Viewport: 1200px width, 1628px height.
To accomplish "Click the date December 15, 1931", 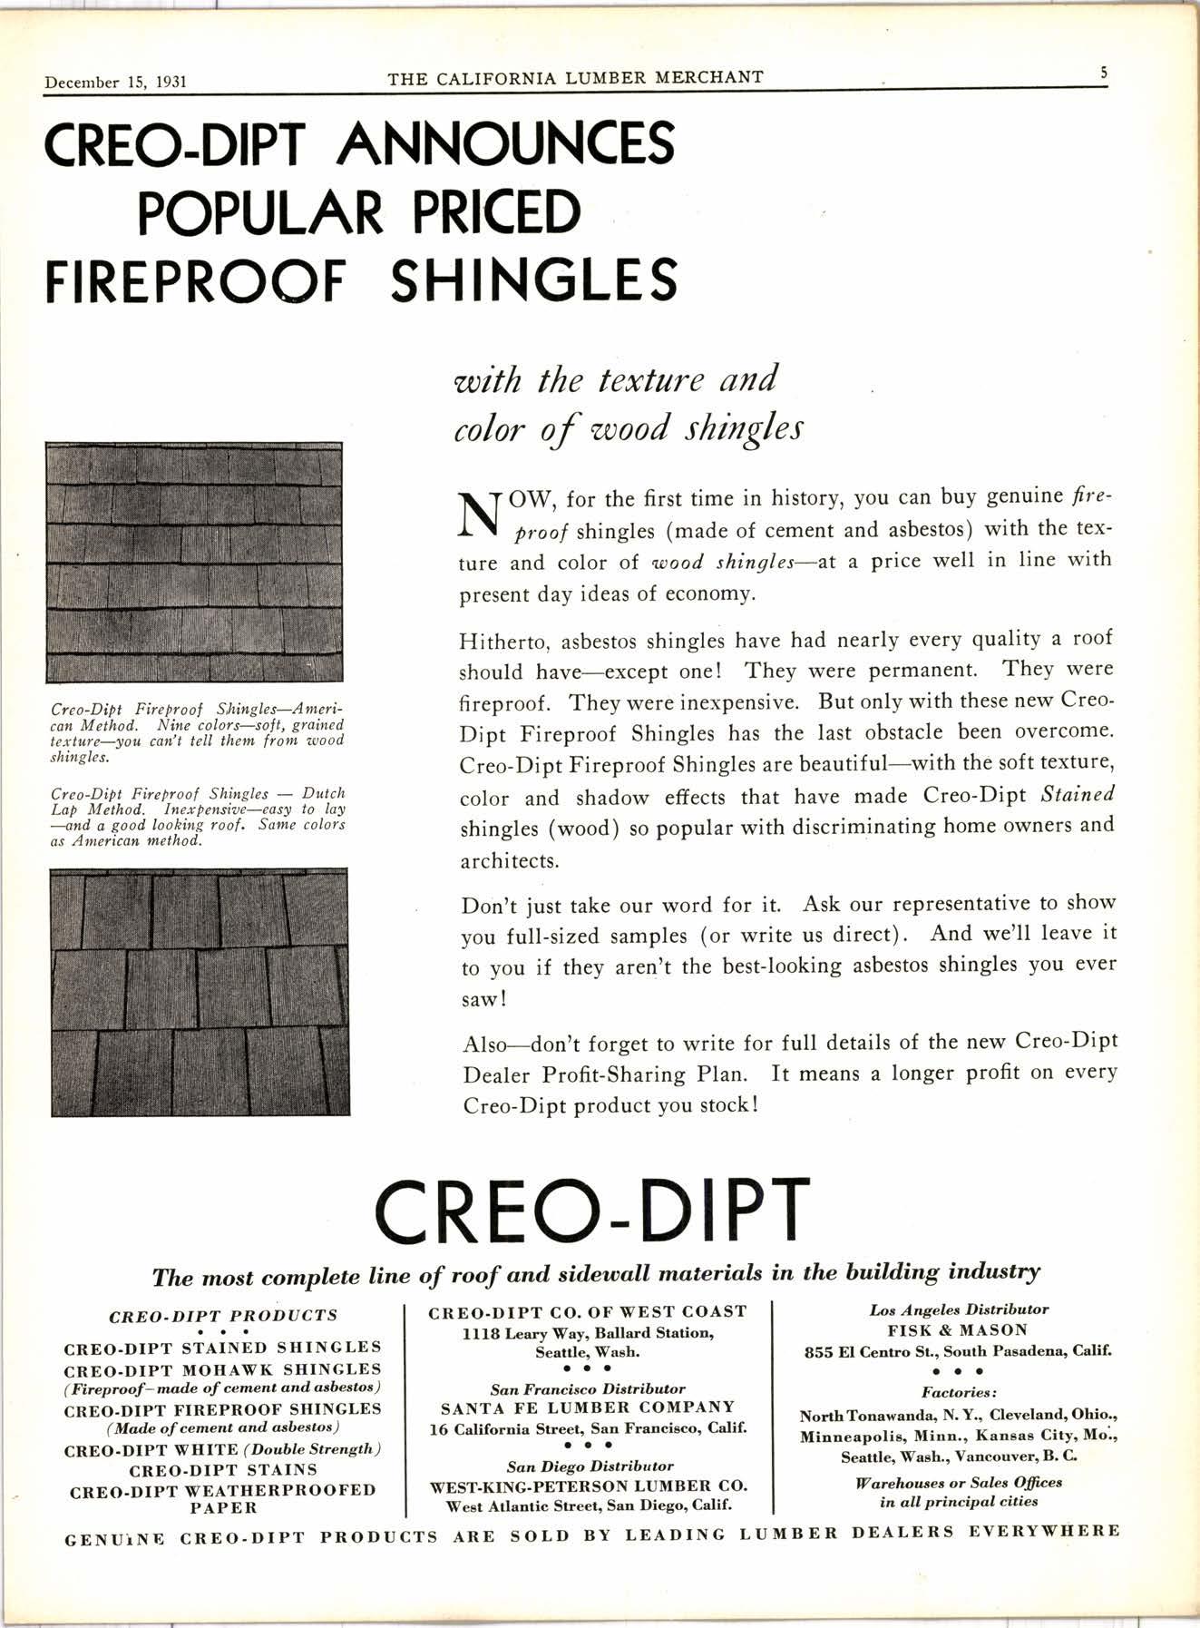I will tap(115, 82).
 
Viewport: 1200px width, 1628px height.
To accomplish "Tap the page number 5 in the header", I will tap(1103, 74).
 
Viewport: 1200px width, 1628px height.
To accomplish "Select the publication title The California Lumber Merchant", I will tap(575, 78).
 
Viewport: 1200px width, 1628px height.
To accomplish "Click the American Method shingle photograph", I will tap(194, 563).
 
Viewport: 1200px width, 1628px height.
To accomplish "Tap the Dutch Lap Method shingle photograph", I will tap(200, 992).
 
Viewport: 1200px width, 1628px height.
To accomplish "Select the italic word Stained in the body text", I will tap(1077, 795).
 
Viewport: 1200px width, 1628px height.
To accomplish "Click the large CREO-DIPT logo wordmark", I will tap(591, 1211).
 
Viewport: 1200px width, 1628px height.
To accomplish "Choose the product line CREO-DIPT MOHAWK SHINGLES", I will tap(222, 1368).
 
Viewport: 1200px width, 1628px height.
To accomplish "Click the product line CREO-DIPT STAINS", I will tap(223, 1469).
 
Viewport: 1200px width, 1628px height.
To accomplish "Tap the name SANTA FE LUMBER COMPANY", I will tap(588, 1407).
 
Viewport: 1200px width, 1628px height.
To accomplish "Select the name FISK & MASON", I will tap(958, 1330).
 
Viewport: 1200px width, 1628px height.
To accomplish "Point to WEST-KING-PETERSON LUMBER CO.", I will tap(588, 1486).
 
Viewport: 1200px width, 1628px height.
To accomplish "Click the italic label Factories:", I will tap(959, 1392).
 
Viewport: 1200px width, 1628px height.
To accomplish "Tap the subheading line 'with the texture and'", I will tap(615, 379).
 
